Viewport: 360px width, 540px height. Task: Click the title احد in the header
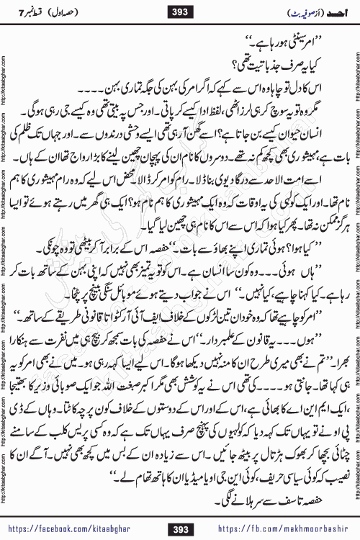(x=328, y=10)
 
